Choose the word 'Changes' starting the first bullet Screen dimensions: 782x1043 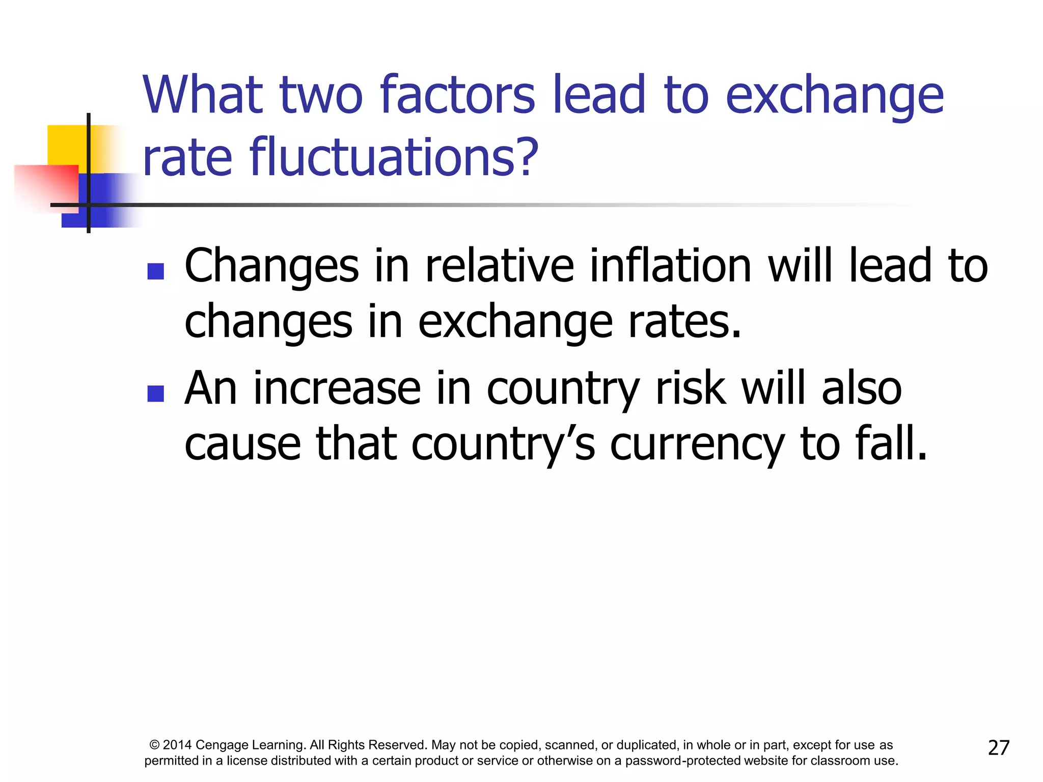271,267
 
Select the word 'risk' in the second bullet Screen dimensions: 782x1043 690,388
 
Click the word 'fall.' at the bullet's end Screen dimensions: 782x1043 891,444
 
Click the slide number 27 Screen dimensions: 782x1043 998,747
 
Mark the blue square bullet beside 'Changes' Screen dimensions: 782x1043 155,271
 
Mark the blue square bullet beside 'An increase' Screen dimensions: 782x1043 155,394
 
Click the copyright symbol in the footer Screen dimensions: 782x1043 155,745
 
